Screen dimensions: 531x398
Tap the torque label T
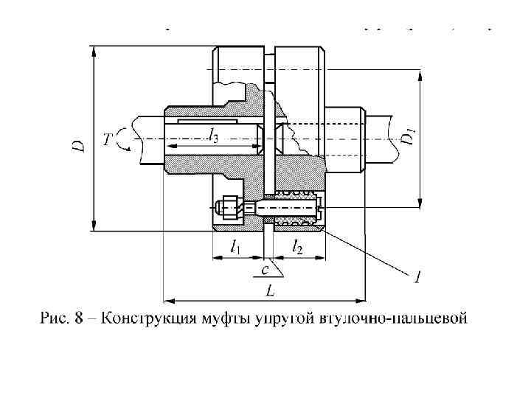tap(108, 138)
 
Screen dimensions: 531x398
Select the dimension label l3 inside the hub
tap(212, 135)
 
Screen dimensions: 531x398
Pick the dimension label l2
tap(297, 248)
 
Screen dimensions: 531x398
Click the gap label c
tap(264, 270)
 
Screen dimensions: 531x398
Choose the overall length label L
tap(271, 291)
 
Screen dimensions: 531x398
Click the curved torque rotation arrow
tap(125, 139)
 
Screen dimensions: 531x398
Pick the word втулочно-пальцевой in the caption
tap(395, 319)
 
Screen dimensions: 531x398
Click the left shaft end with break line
tap(145, 140)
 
